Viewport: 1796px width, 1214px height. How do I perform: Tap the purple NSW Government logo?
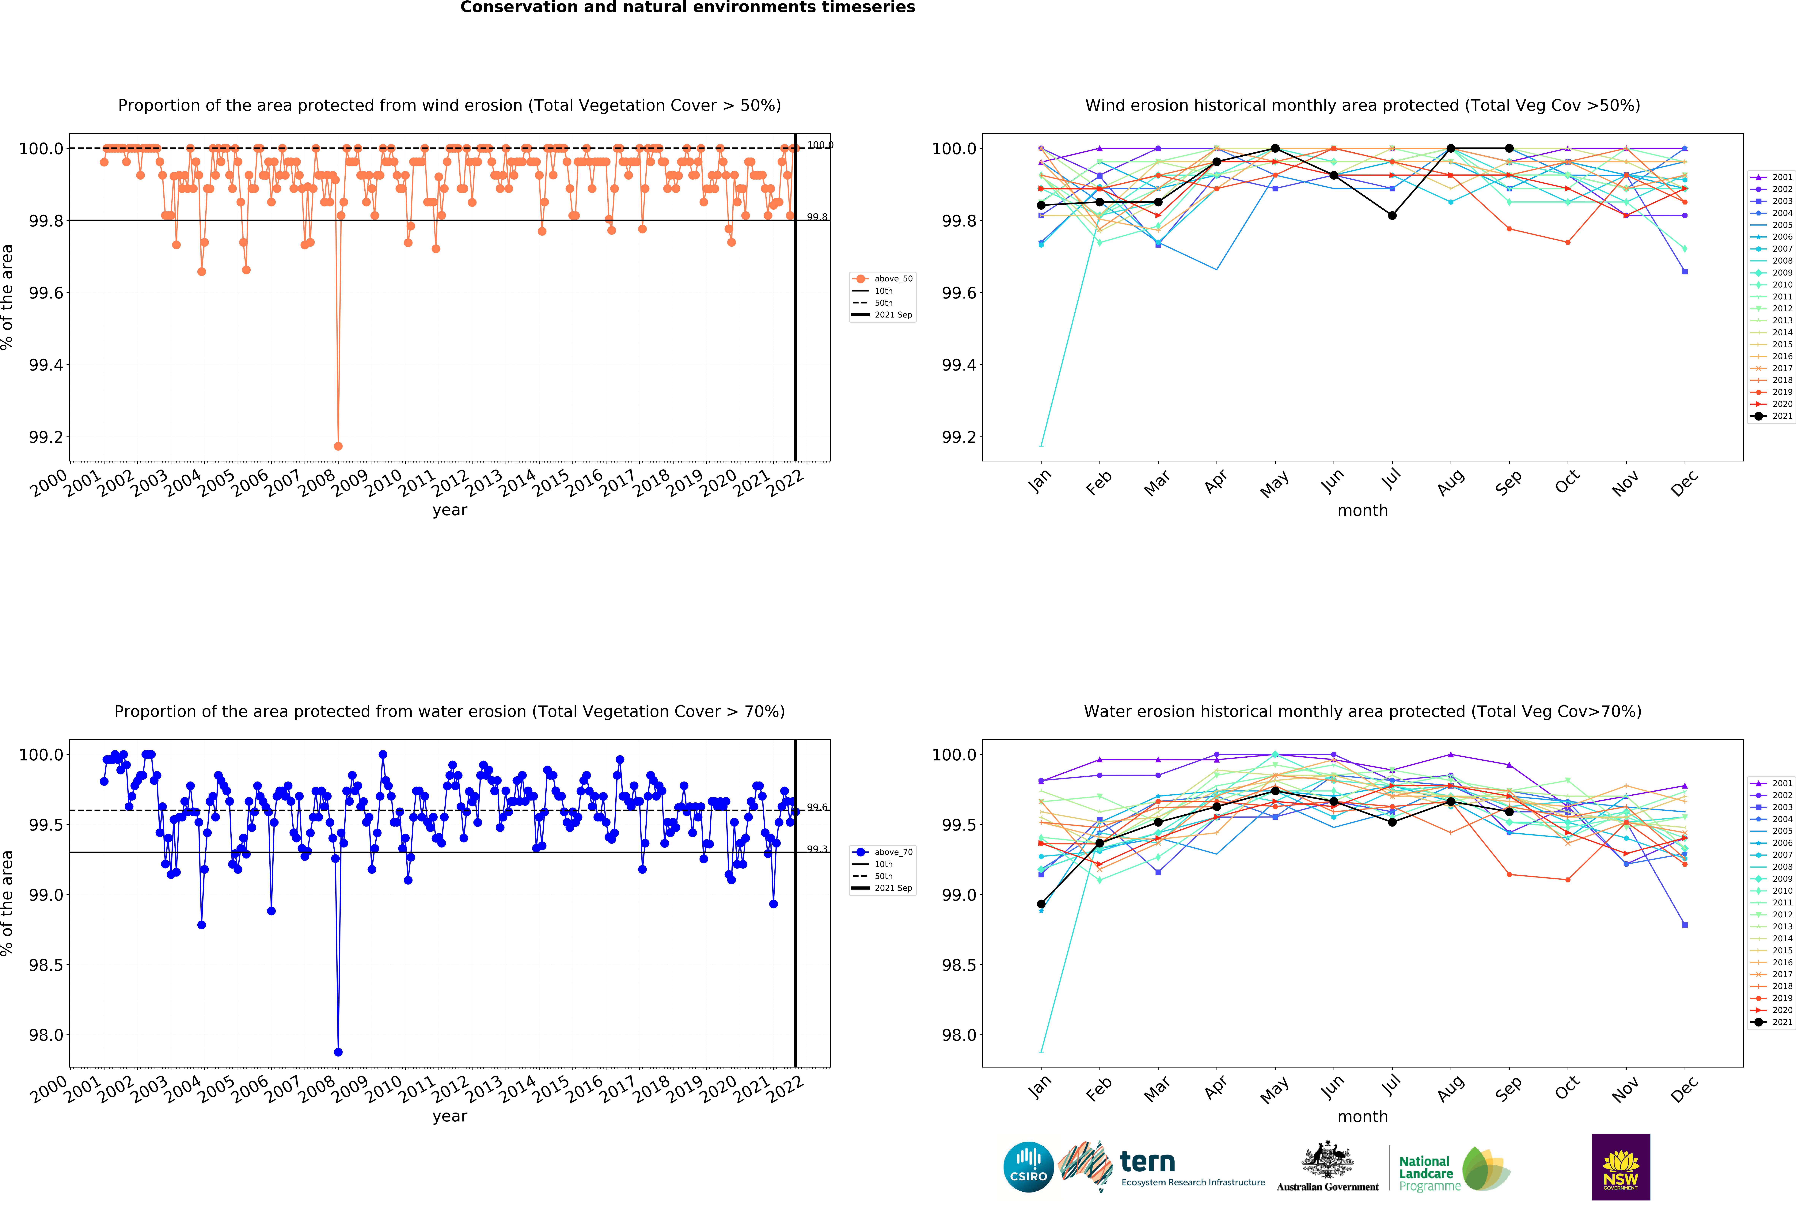1621,1167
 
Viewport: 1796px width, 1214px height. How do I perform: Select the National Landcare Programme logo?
1453,1168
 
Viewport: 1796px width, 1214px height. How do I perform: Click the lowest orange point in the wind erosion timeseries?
338,446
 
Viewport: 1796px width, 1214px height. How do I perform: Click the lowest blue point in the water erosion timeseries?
338,1052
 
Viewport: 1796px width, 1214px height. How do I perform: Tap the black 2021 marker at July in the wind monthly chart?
1392,216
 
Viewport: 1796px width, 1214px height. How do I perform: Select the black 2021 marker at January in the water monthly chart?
1041,903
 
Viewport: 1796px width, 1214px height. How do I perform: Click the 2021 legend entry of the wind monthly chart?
1771,416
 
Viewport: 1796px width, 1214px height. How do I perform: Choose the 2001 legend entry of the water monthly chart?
1771,783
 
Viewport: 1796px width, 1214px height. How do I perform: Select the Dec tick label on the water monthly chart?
1685,1089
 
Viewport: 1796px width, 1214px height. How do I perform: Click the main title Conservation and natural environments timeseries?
688,8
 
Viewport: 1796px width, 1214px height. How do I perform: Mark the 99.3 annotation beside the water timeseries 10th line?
817,849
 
